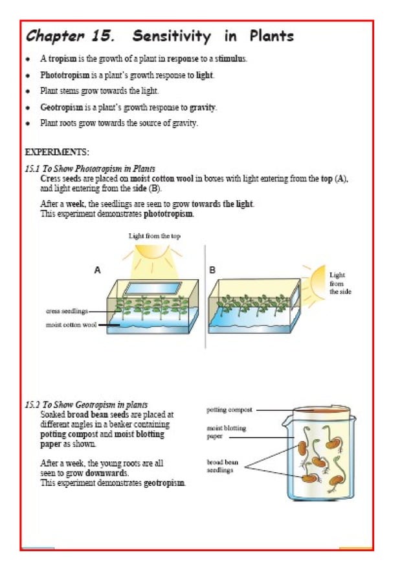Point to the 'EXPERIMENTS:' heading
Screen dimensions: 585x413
click(57, 152)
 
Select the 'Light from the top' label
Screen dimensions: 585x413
click(154, 236)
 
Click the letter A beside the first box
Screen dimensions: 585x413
click(98, 270)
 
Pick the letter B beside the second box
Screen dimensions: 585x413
click(212, 270)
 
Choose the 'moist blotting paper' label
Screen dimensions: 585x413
click(226, 432)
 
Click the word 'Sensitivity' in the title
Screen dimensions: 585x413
click(172, 36)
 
